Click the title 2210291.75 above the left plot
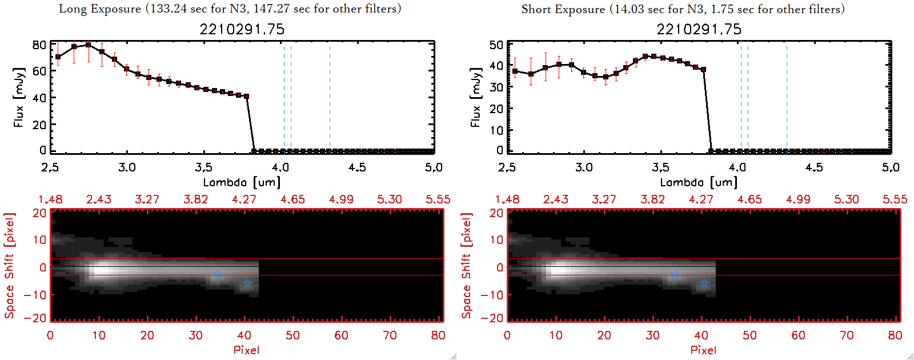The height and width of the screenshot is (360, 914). click(x=242, y=29)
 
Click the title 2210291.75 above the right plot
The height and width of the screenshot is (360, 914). click(x=699, y=29)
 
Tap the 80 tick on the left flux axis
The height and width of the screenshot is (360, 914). click(x=39, y=45)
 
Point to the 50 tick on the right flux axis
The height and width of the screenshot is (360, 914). click(x=496, y=45)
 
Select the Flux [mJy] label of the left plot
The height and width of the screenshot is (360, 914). click(x=19, y=97)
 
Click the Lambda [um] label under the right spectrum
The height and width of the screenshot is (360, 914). click(x=699, y=182)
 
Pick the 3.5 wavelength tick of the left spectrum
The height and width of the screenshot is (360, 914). click(x=203, y=167)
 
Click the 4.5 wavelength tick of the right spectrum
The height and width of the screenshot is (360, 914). click(x=814, y=167)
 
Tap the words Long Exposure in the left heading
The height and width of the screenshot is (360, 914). click(x=100, y=9)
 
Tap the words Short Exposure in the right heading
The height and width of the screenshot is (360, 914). click(x=563, y=9)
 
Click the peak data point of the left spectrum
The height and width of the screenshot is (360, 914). click(x=88, y=45)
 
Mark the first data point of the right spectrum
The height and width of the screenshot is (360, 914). click(x=515, y=71)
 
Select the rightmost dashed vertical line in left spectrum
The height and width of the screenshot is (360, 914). click(x=330, y=97)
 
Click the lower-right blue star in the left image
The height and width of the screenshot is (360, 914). click(x=247, y=283)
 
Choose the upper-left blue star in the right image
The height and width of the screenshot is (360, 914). click(x=675, y=274)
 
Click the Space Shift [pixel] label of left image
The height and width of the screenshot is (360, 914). click(x=9, y=266)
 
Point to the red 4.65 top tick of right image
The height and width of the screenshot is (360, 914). click(x=749, y=199)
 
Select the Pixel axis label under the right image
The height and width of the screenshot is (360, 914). click(x=703, y=350)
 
